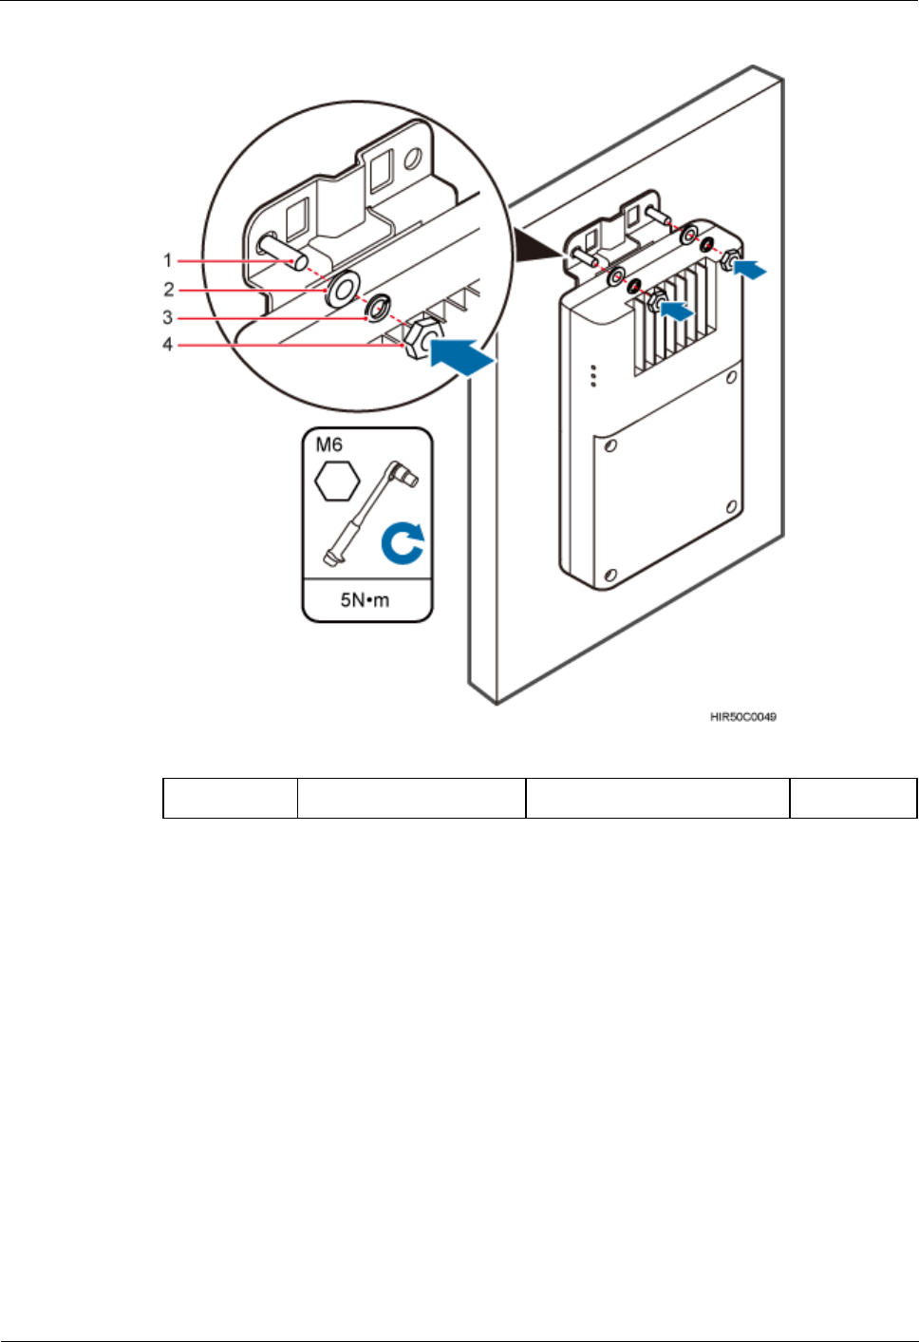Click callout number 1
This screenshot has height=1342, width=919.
[168, 260]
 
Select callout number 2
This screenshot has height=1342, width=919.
[168, 289]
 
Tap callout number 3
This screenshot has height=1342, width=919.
[168, 317]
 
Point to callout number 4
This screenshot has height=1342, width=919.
[168, 345]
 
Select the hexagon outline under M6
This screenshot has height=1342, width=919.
[337, 481]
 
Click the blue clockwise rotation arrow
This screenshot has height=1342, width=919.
[404, 548]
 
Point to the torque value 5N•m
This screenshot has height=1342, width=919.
[366, 600]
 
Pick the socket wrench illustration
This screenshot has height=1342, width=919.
[371, 513]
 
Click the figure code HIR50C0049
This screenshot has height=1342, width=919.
[743, 717]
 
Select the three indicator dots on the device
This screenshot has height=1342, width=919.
[593, 375]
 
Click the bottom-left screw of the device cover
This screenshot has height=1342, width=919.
[610, 575]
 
